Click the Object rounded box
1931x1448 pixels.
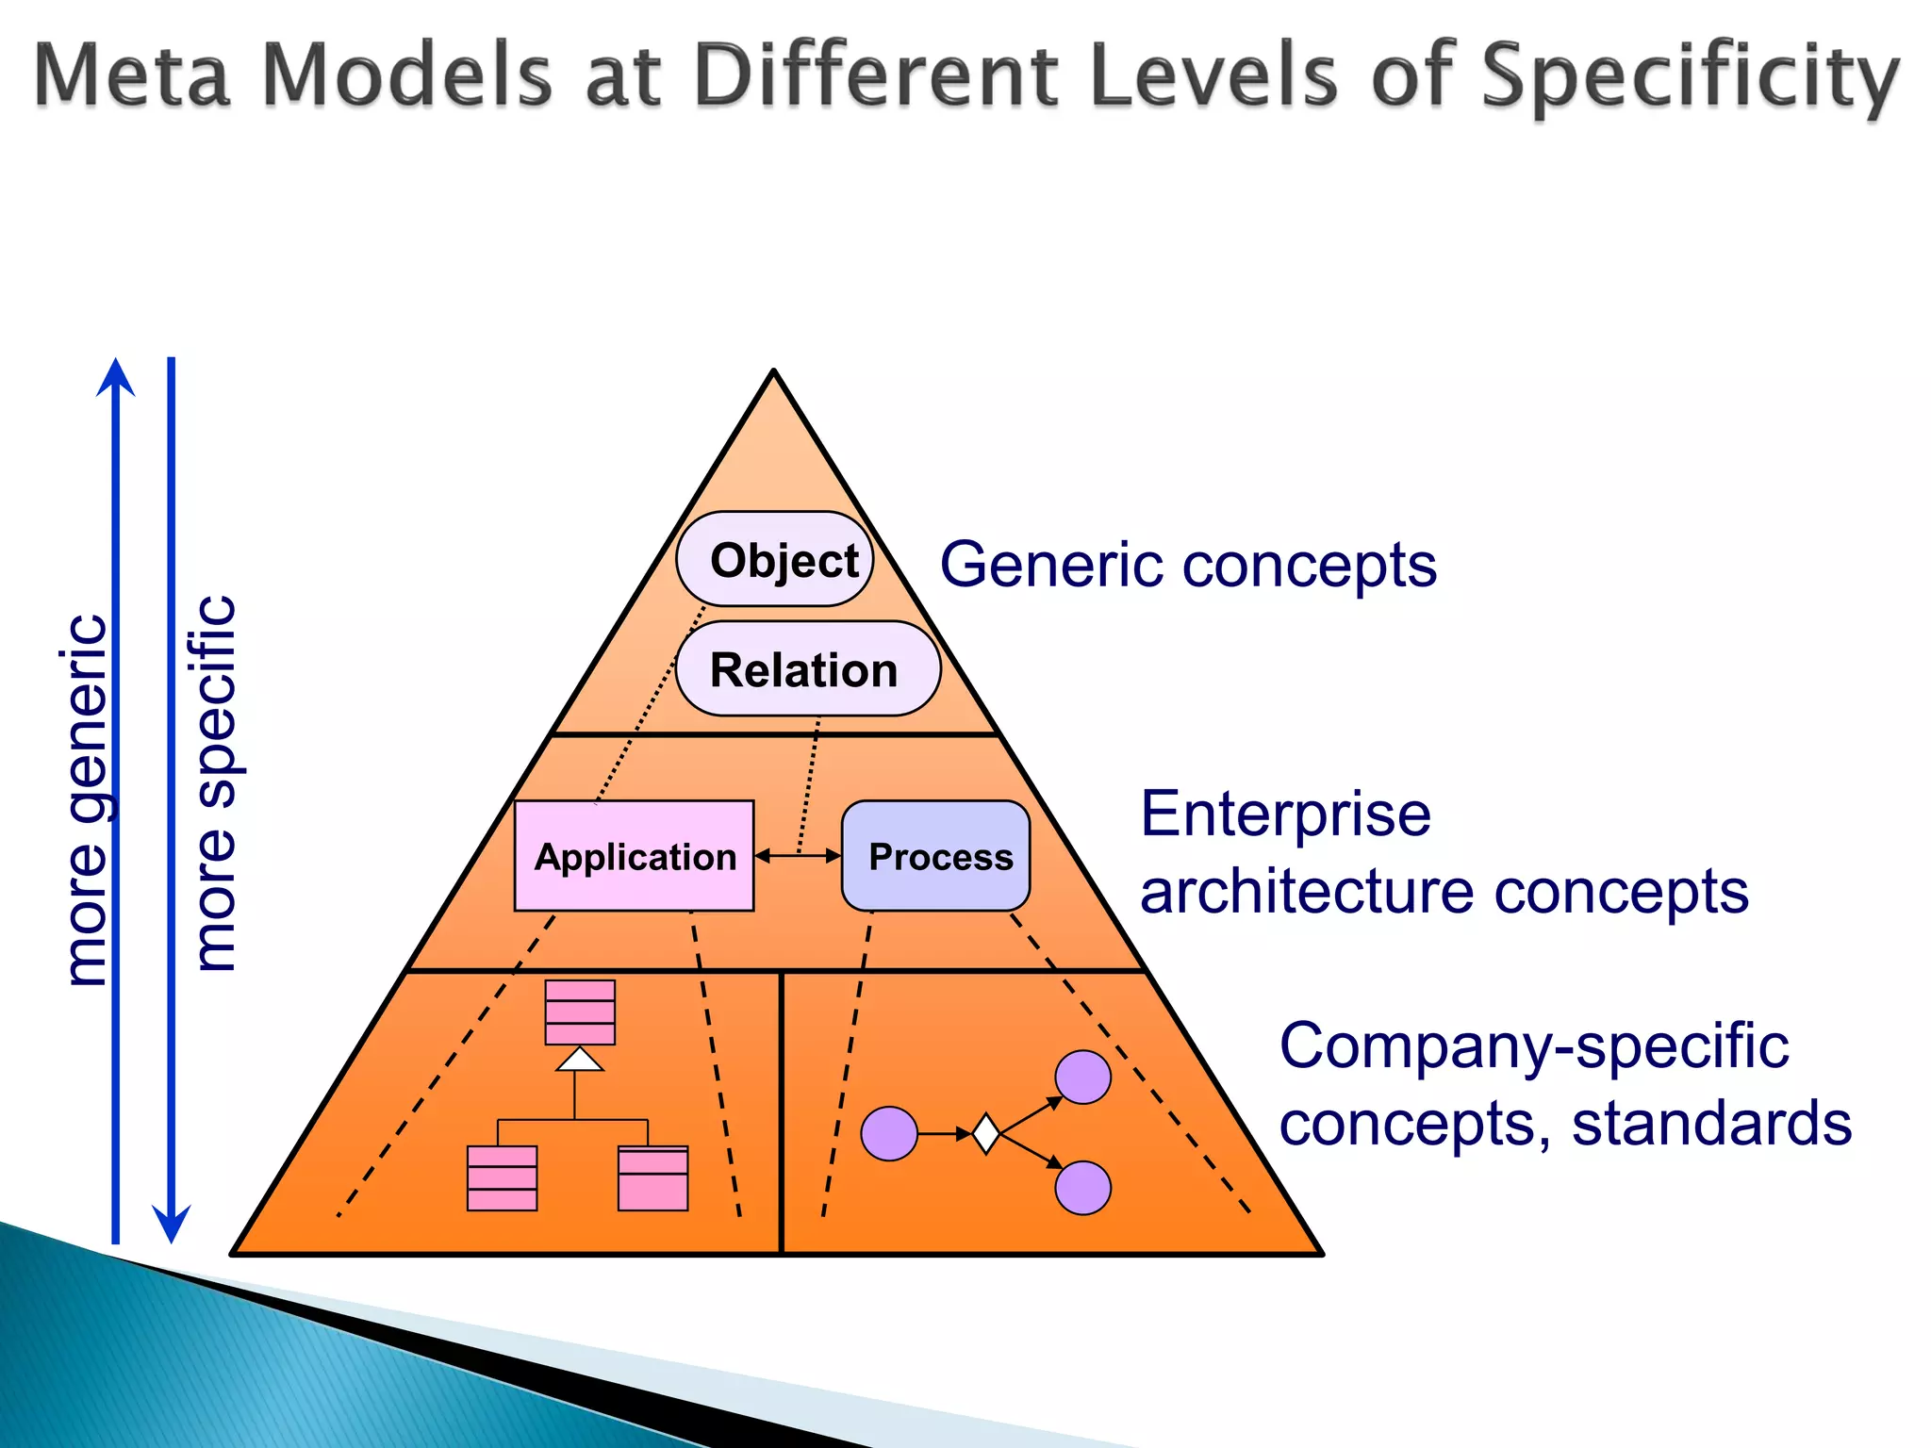pyautogui.click(x=774, y=559)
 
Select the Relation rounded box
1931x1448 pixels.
pyautogui.click(x=807, y=668)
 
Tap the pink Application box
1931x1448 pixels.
pyautogui.click(x=634, y=855)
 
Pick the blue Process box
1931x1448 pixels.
pyautogui.click(x=935, y=855)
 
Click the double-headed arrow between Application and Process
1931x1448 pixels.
pyautogui.click(x=798, y=855)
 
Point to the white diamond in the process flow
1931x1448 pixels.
pyautogui.click(x=985, y=1133)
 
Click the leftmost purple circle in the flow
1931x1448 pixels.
pyautogui.click(x=889, y=1133)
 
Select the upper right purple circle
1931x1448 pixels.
pyautogui.click(x=1082, y=1077)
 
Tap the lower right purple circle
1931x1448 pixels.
pyautogui.click(x=1082, y=1188)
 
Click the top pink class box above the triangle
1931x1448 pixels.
pyautogui.click(x=580, y=1012)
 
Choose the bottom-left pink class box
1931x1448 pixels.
pyautogui.click(x=502, y=1177)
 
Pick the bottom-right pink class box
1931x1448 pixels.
pyautogui.click(x=652, y=1177)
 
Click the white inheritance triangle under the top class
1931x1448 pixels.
pyautogui.click(x=580, y=1061)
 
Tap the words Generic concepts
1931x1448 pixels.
pyautogui.click(x=1188, y=565)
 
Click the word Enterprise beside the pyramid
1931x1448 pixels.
pyautogui.click(x=1285, y=814)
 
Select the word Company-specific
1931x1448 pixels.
pyautogui.click(x=1533, y=1046)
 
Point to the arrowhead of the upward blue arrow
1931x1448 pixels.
pyautogui.click(x=116, y=377)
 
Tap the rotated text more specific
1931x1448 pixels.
pyautogui.click(x=215, y=782)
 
